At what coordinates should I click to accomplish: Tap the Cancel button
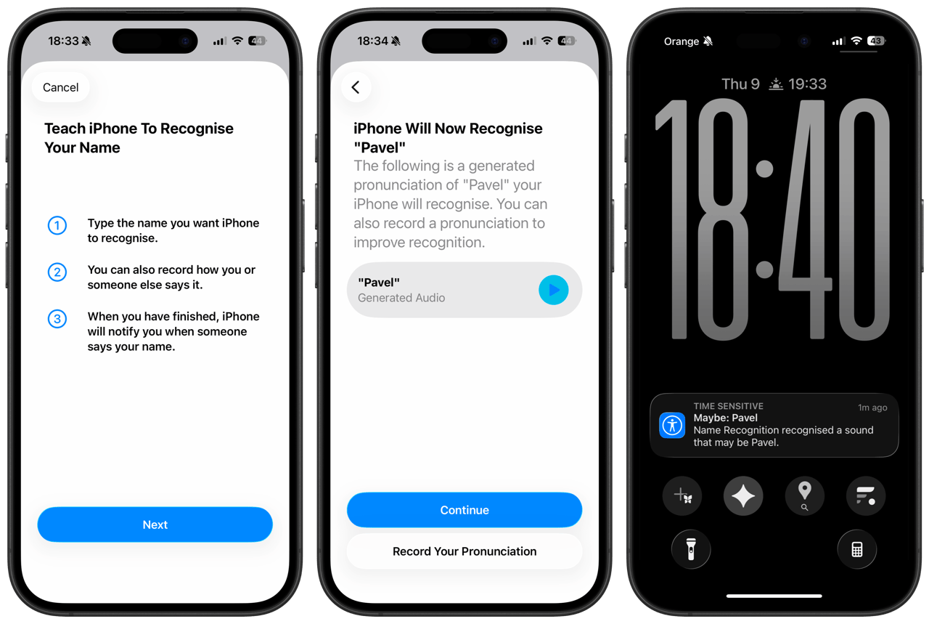pos(60,87)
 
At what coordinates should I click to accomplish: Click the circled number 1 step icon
pos(57,225)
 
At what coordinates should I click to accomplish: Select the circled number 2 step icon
pos(57,272)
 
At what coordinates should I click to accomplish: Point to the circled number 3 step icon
pos(57,319)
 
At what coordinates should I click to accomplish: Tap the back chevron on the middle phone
pos(356,87)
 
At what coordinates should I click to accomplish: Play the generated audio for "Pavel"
pos(553,290)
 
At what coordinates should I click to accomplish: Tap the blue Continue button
pos(464,510)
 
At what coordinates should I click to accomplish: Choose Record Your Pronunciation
pos(464,551)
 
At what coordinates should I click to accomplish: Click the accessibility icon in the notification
pos(672,425)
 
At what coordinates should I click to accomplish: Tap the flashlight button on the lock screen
pos(690,549)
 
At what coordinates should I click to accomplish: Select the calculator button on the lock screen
pos(857,549)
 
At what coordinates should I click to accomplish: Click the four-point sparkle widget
pos(742,495)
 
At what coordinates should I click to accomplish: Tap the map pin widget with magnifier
pos(804,495)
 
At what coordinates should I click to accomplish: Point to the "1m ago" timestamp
pos(872,408)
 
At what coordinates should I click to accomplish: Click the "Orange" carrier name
pos(681,41)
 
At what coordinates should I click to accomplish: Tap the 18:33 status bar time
pos(63,41)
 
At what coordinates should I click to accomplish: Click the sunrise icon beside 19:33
pos(776,84)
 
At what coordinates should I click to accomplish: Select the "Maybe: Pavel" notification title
pos(725,418)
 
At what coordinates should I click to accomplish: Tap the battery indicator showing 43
pos(876,41)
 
